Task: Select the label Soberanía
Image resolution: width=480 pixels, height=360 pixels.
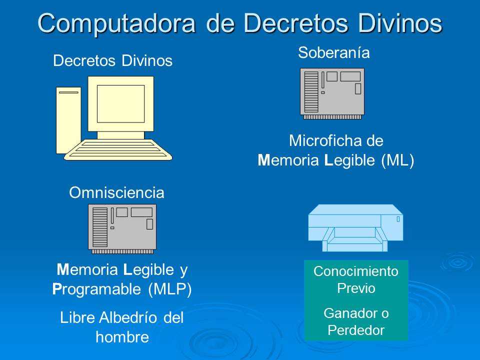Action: coord(333,52)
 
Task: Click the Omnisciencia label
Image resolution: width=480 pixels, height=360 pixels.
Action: coord(116,192)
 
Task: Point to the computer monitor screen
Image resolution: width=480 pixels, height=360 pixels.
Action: coord(120,103)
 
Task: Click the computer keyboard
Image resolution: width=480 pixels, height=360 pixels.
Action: coord(118,149)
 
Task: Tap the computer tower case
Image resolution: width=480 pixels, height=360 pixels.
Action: coord(68,120)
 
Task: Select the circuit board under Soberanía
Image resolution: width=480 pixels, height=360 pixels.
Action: coord(332,92)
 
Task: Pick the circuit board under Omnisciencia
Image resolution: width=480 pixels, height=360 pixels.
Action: coord(122,227)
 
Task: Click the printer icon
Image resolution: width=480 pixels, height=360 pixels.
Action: coord(355,227)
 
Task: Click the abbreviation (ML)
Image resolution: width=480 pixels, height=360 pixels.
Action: coord(397,160)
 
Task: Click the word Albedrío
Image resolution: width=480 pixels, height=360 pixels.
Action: coord(124,317)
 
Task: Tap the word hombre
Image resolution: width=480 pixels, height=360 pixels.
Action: coord(122,337)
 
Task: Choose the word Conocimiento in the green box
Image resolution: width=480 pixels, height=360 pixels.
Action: coord(356,271)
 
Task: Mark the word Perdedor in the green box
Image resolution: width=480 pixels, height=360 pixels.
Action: coord(356,330)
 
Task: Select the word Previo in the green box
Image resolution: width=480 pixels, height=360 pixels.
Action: coord(356,288)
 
